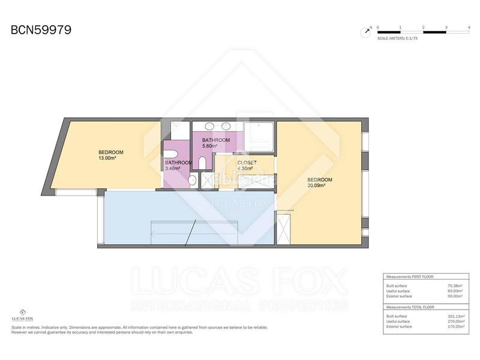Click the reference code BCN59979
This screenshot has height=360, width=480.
[x=41, y=30]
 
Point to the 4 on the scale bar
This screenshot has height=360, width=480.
[x=469, y=28]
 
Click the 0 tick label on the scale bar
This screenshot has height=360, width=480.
[x=377, y=28]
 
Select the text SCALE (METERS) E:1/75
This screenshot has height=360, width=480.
[x=398, y=38]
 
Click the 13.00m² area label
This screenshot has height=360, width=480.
[x=107, y=158]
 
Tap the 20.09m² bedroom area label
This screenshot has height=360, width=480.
[x=316, y=186]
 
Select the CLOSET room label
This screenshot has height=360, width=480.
[x=247, y=163]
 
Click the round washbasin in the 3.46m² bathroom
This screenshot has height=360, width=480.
[x=193, y=181]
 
